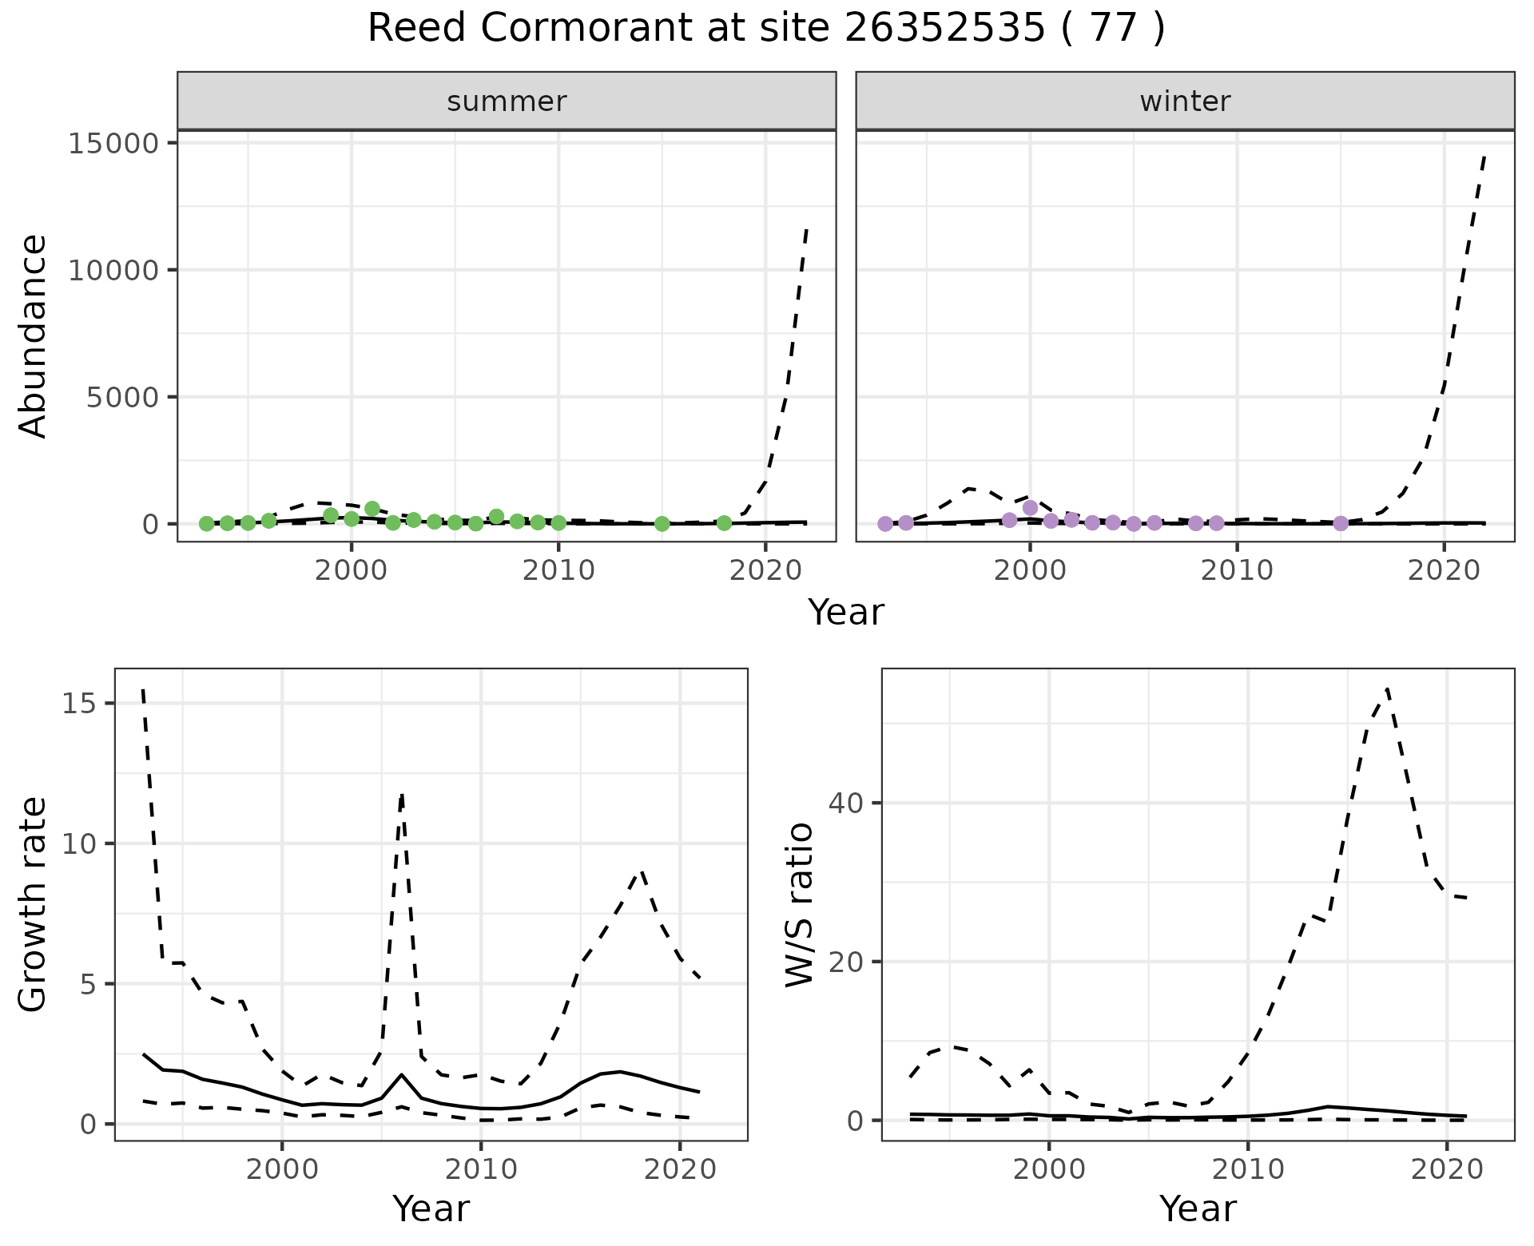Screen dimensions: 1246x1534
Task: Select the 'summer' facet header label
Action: click(x=507, y=101)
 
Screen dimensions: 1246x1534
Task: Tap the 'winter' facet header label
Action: click(x=1185, y=101)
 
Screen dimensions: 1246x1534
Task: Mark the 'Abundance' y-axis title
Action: click(x=34, y=335)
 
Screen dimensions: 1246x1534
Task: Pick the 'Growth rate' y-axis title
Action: click(x=34, y=905)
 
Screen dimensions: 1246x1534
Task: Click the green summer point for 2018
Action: click(x=724, y=523)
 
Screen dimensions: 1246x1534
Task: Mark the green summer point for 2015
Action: click(x=662, y=524)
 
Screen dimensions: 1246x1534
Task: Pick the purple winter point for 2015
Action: click(x=1341, y=523)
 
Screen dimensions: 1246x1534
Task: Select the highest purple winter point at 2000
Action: click(x=1030, y=508)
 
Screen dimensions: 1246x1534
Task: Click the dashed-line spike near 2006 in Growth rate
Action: click(x=402, y=794)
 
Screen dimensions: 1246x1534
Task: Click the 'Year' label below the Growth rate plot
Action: click(x=431, y=1208)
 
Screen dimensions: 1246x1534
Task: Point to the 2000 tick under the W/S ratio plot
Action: click(x=1048, y=1170)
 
